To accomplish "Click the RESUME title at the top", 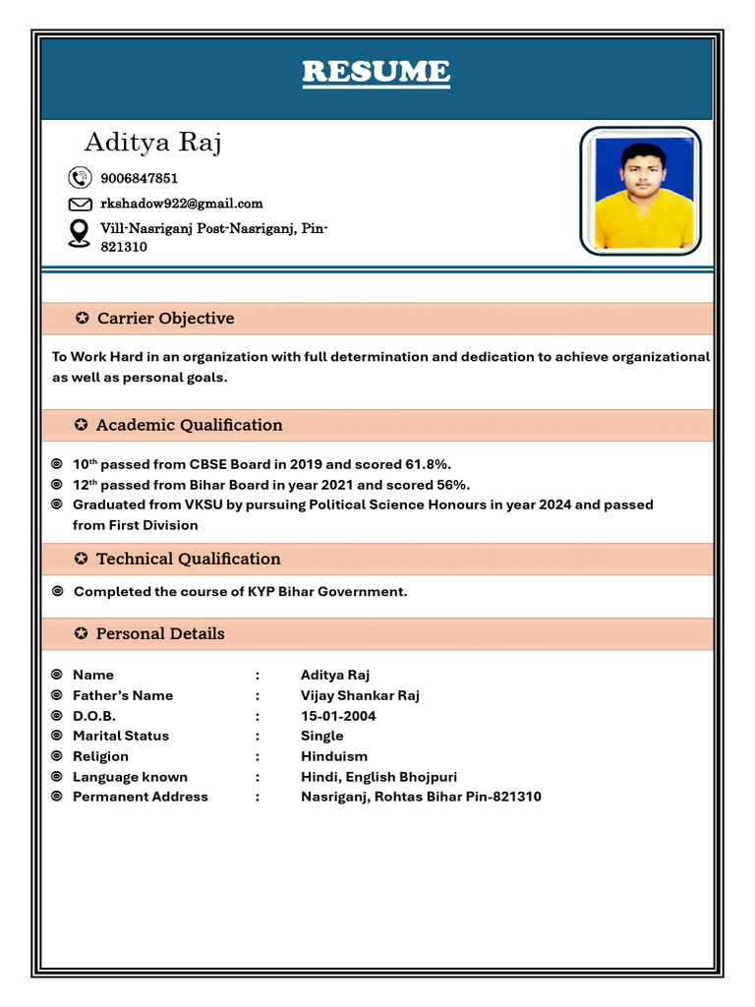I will (376, 72).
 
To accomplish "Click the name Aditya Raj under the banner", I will (152, 143).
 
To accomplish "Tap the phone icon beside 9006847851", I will (80, 178).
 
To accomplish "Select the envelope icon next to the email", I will (80, 205).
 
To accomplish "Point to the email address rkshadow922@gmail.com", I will (182, 204).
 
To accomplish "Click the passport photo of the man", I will (640, 191).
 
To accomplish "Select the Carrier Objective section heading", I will (165, 319).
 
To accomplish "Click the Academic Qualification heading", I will (189, 425).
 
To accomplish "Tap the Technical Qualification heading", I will (188, 559).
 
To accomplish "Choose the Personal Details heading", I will (160, 633).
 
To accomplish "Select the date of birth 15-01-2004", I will (338, 716).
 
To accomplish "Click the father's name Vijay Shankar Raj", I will (360, 695).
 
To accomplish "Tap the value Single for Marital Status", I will (322, 736).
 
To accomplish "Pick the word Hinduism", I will (334, 756).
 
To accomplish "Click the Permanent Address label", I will (141, 797).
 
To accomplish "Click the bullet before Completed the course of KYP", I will (57, 591).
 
